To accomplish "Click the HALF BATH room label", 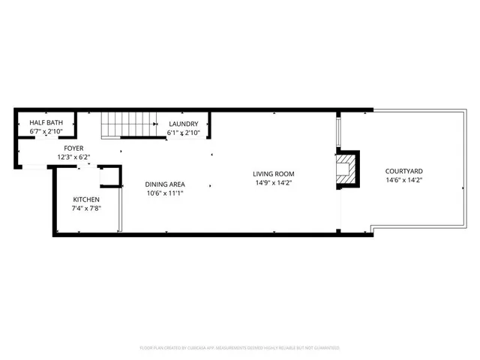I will (x=46, y=123).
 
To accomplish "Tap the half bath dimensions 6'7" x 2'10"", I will (x=46, y=132).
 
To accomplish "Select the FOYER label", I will (x=73, y=148).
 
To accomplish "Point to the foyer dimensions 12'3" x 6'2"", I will (x=73, y=157).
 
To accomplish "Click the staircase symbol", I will (x=127, y=124).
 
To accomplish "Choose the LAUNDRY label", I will (x=183, y=124).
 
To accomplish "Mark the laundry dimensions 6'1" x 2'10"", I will (x=183, y=133).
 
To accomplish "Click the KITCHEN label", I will (x=86, y=199).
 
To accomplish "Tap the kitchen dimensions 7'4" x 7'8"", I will (x=86, y=208).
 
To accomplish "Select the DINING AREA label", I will (x=165, y=184).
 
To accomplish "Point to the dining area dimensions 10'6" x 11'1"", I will (x=165, y=193).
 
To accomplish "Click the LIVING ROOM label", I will (x=273, y=173).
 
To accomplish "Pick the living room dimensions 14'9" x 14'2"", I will (x=273, y=182).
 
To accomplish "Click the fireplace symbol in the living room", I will (x=347, y=171).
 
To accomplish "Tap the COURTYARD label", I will (x=403, y=171).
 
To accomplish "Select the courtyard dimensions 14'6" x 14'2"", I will (x=403, y=180).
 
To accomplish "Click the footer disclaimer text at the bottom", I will (x=240, y=348).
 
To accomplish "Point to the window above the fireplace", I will (x=339, y=131).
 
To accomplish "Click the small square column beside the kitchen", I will (x=109, y=175).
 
